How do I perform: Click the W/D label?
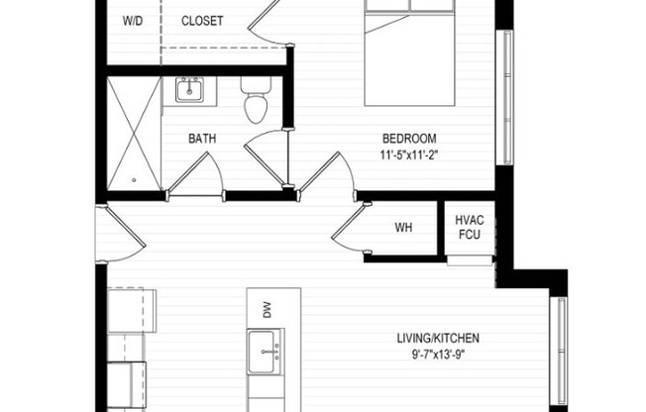click(x=131, y=21)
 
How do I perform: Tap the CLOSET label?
click(x=203, y=21)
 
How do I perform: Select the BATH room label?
click(x=202, y=140)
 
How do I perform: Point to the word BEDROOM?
click(x=410, y=139)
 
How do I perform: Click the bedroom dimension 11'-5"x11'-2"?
click(x=410, y=155)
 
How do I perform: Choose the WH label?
click(x=403, y=228)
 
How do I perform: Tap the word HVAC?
click(x=469, y=220)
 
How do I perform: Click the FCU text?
click(x=469, y=235)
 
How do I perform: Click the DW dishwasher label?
click(x=268, y=310)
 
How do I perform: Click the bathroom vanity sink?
click(x=189, y=91)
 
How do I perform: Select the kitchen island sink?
click(x=266, y=351)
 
